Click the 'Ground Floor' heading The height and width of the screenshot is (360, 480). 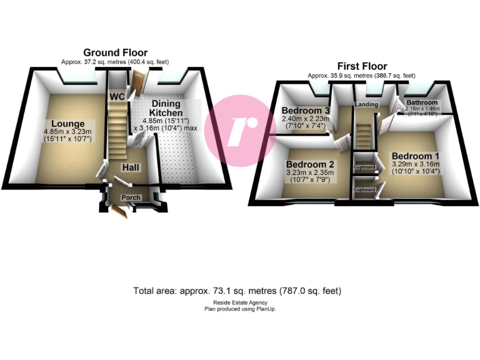(x=115, y=52)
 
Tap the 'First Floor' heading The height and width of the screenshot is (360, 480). (x=362, y=66)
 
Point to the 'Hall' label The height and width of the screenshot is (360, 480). (x=131, y=167)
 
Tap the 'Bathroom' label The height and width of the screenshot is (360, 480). (x=423, y=102)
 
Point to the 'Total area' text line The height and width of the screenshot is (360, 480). (x=237, y=291)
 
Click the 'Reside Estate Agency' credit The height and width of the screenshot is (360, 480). (x=240, y=302)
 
